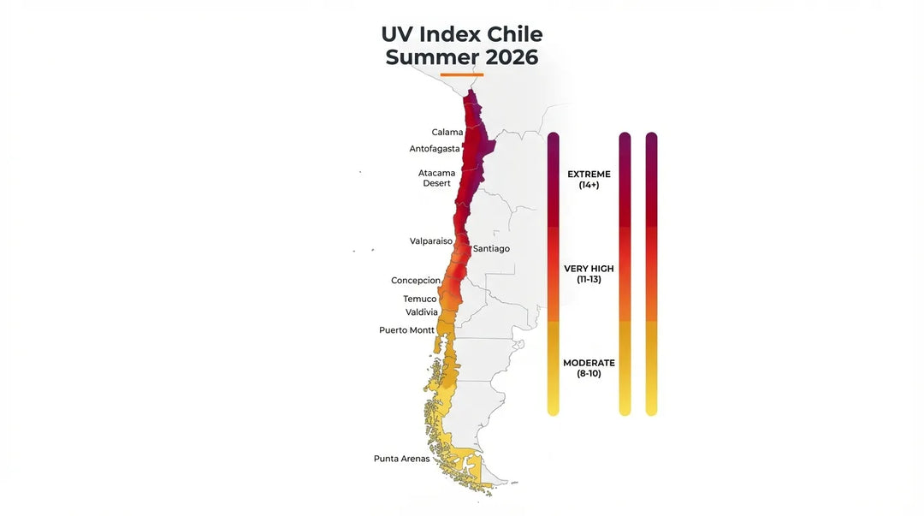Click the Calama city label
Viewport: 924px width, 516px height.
447,132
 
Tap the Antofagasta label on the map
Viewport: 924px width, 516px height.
434,149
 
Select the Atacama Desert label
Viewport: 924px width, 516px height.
436,178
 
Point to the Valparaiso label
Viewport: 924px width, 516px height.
431,241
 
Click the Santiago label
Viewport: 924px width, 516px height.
491,249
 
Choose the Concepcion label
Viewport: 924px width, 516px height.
416,281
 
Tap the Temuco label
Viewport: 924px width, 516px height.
419,299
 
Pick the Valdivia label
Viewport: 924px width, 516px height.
422,312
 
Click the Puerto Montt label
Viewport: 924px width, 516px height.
406,330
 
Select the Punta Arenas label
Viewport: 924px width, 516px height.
401,459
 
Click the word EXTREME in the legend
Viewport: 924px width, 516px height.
589,175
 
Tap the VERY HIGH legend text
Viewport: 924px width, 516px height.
589,269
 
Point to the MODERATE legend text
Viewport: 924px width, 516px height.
589,363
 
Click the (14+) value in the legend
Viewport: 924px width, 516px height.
589,185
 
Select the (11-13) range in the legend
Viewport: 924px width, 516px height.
589,280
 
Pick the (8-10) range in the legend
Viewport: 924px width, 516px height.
589,374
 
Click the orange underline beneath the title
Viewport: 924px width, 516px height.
462,74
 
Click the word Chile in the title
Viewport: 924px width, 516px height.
514,35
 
